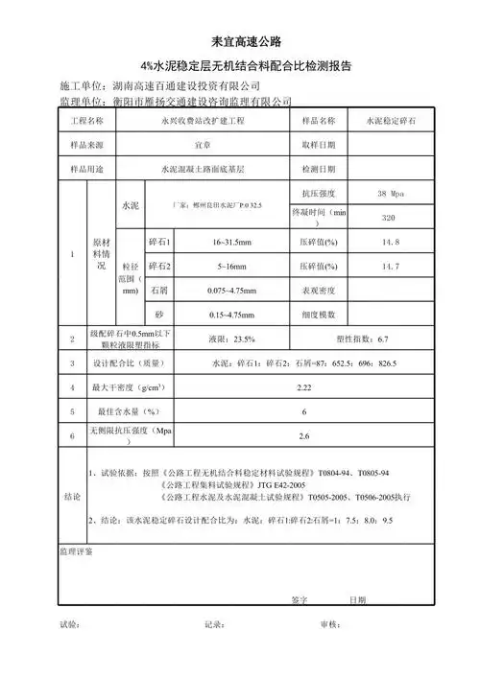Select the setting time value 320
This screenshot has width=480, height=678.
click(390, 219)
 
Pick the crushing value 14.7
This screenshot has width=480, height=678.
click(390, 266)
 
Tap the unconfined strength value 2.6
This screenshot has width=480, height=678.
click(303, 436)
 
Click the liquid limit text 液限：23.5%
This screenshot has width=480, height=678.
click(231, 339)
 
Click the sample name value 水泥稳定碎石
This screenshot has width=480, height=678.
click(390, 122)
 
